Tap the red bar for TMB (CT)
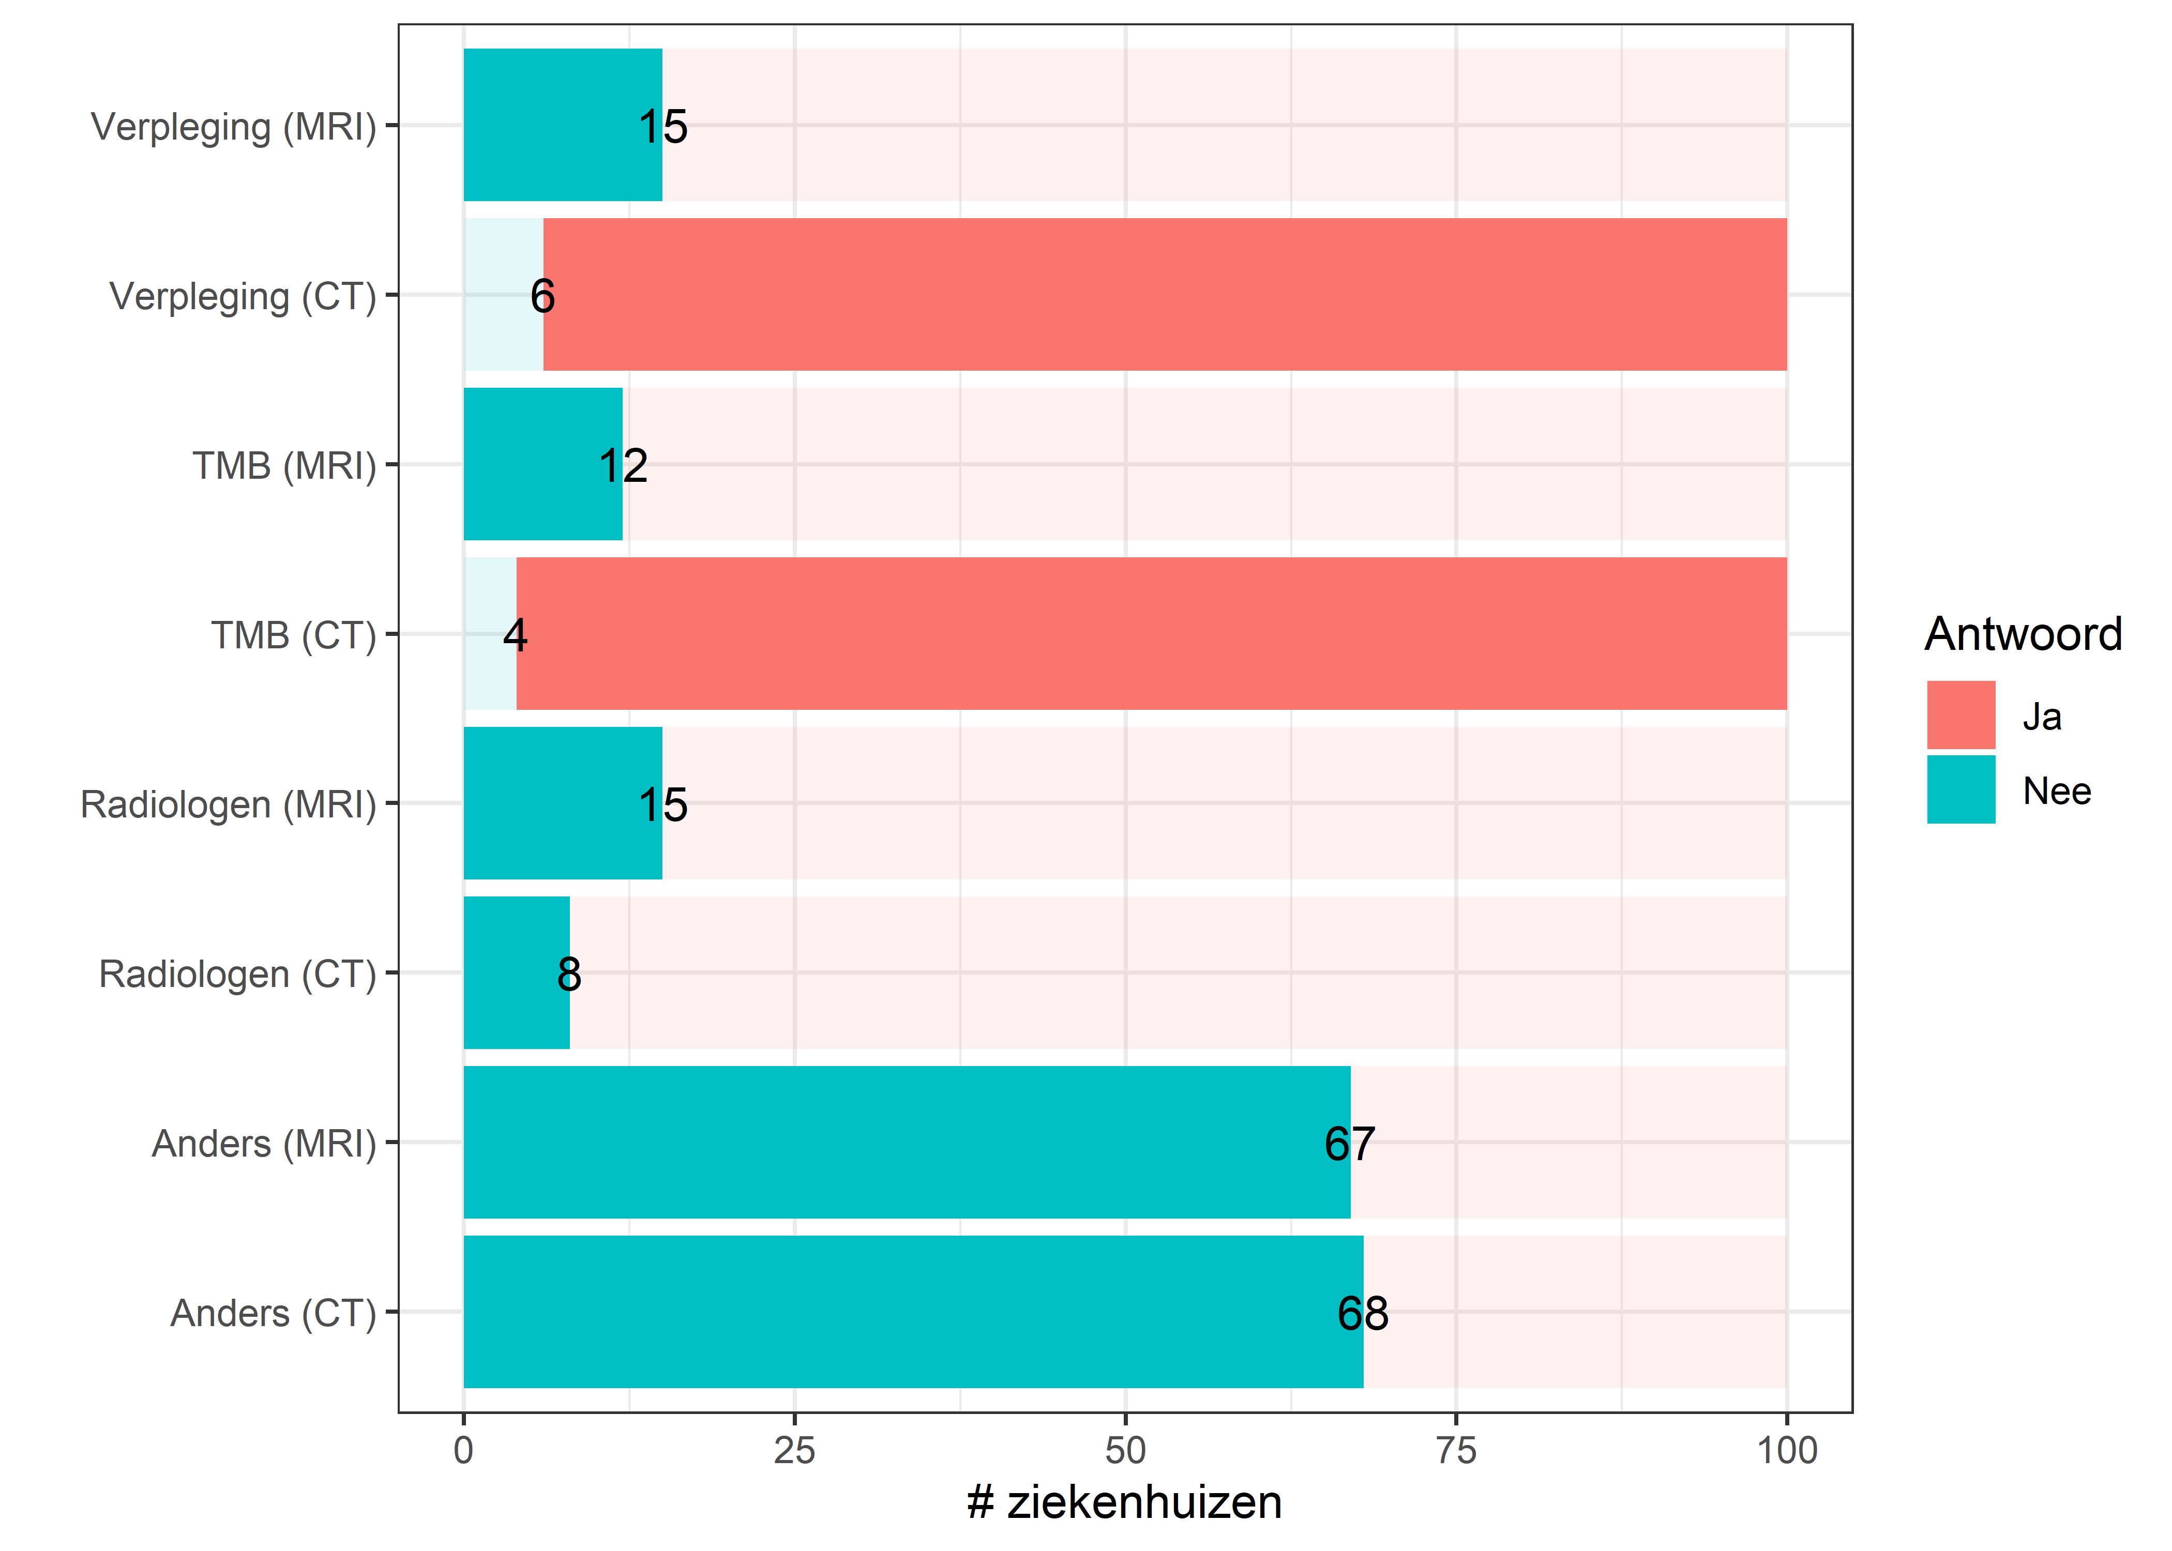(1151, 633)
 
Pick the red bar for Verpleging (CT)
(1164, 294)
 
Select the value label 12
(623, 466)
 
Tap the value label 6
(542, 296)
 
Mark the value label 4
(515, 635)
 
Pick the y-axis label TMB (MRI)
(284, 466)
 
